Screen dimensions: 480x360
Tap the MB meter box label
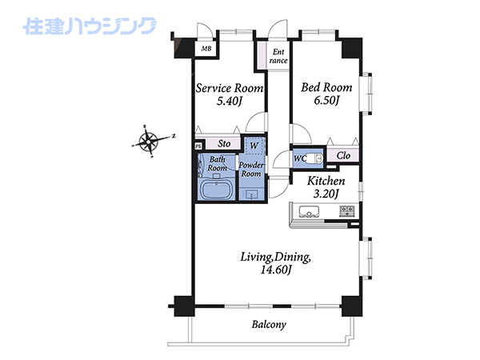pyautogui.click(x=206, y=49)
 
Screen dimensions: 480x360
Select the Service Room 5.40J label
pyautogui.click(x=230, y=94)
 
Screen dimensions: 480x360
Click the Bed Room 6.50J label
pyautogui.click(x=326, y=94)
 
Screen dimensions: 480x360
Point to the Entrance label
pyautogui.click(x=278, y=56)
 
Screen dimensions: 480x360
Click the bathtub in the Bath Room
pyautogui.click(x=216, y=190)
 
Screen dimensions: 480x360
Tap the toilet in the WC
pyautogui.click(x=314, y=158)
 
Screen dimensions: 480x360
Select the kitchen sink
pyautogui.click(x=309, y=211)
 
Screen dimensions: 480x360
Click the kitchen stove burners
pyautogui.click(x=347, y=211)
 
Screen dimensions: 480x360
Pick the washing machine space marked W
pyautogui.click(x=254, y=146)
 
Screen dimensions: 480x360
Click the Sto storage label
pyautogui.click(x=224, y=143)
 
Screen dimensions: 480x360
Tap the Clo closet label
pyautogui.click(x=343, y=155)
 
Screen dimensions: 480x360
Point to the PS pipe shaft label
pyautogui.click(x=198, y=146)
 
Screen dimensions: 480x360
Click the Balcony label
pyautogui.click(x=269, y=325)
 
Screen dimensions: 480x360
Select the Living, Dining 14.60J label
pyautogui.click(x=275, y=263)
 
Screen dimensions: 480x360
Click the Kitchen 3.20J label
pyautogui.click(x=326, y=187)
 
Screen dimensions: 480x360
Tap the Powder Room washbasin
pyautogui.click(x=252, y=194)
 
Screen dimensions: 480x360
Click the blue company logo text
pyautogui.click(x=90, y=26)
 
